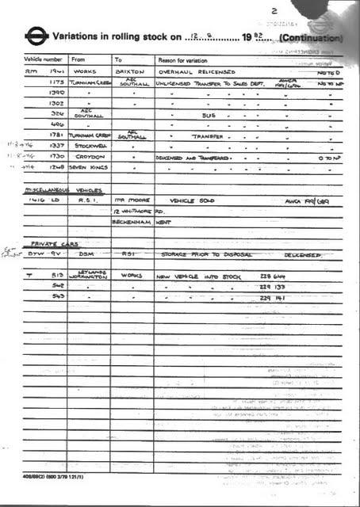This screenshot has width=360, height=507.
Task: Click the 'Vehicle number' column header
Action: pos(43,59)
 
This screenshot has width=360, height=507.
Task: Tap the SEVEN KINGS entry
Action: pos(86,168)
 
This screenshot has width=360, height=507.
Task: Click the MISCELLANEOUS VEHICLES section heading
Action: pos(58,191)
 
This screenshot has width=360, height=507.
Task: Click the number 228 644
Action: pos(274,276)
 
